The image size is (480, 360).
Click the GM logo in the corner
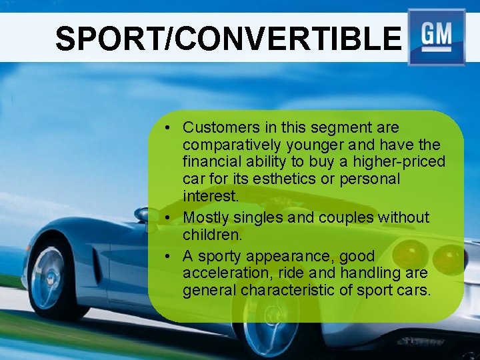437,37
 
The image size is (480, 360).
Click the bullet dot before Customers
171,128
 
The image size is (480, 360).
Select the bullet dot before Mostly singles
171,218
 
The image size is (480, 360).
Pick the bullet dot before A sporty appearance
171,257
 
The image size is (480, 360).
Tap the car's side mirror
142,215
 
